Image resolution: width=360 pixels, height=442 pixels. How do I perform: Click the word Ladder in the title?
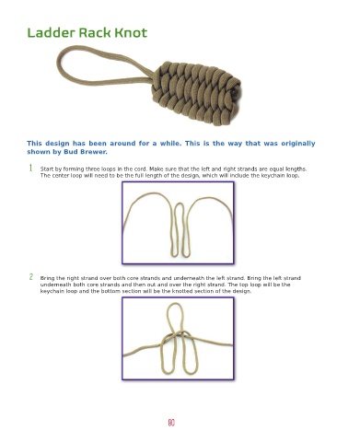pos(52,32)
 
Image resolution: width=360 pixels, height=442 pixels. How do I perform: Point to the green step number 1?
pos(30,168)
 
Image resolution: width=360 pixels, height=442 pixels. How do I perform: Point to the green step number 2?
pos(31,277)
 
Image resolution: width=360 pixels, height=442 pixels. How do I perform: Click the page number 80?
pos(171,423)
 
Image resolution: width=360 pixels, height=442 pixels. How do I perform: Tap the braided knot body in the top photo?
pos(196,92)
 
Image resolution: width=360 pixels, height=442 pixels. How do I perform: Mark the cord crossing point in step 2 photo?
pos(178,336)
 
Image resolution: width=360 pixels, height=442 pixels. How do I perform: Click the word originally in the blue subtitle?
pos(298,144)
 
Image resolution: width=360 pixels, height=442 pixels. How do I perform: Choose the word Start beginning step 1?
pos(47,169)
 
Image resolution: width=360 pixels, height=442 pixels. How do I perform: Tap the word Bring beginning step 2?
pos(47,278)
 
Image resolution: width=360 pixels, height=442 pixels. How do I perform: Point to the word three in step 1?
pos(92,169)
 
